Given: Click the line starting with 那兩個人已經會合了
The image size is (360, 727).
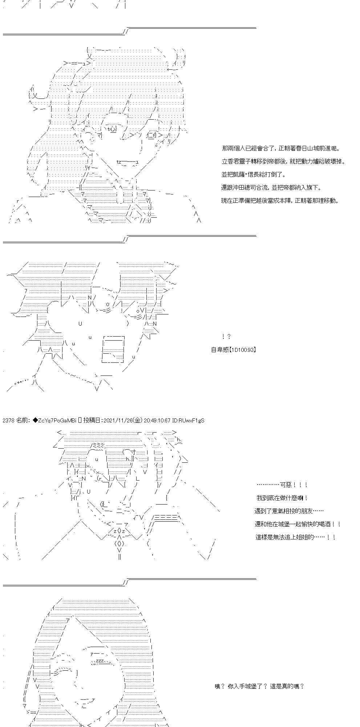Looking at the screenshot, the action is tap(281, 148).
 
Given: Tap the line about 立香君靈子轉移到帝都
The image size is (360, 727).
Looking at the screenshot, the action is tap(283, 161).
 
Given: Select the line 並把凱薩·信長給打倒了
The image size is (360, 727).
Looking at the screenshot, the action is tap(254, 174).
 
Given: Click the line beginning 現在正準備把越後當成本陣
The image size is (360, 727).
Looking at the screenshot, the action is tap(280, 201).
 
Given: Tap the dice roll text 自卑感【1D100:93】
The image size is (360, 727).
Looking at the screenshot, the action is tap(234, 350).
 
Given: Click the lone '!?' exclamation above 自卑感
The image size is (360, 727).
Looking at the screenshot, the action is tap(226, 337).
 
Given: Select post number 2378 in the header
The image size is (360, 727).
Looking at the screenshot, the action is tap(8, 421).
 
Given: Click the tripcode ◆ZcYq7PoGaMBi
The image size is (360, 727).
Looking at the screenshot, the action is tap(54, 421).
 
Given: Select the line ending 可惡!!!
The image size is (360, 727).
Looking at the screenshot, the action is tap(282, 485).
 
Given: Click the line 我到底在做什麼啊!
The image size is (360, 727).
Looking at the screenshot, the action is tap(282, 498).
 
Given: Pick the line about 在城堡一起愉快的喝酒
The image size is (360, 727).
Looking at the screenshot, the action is tap(298, 524).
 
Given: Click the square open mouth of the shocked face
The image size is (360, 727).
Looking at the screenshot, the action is tap(113, 349).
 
